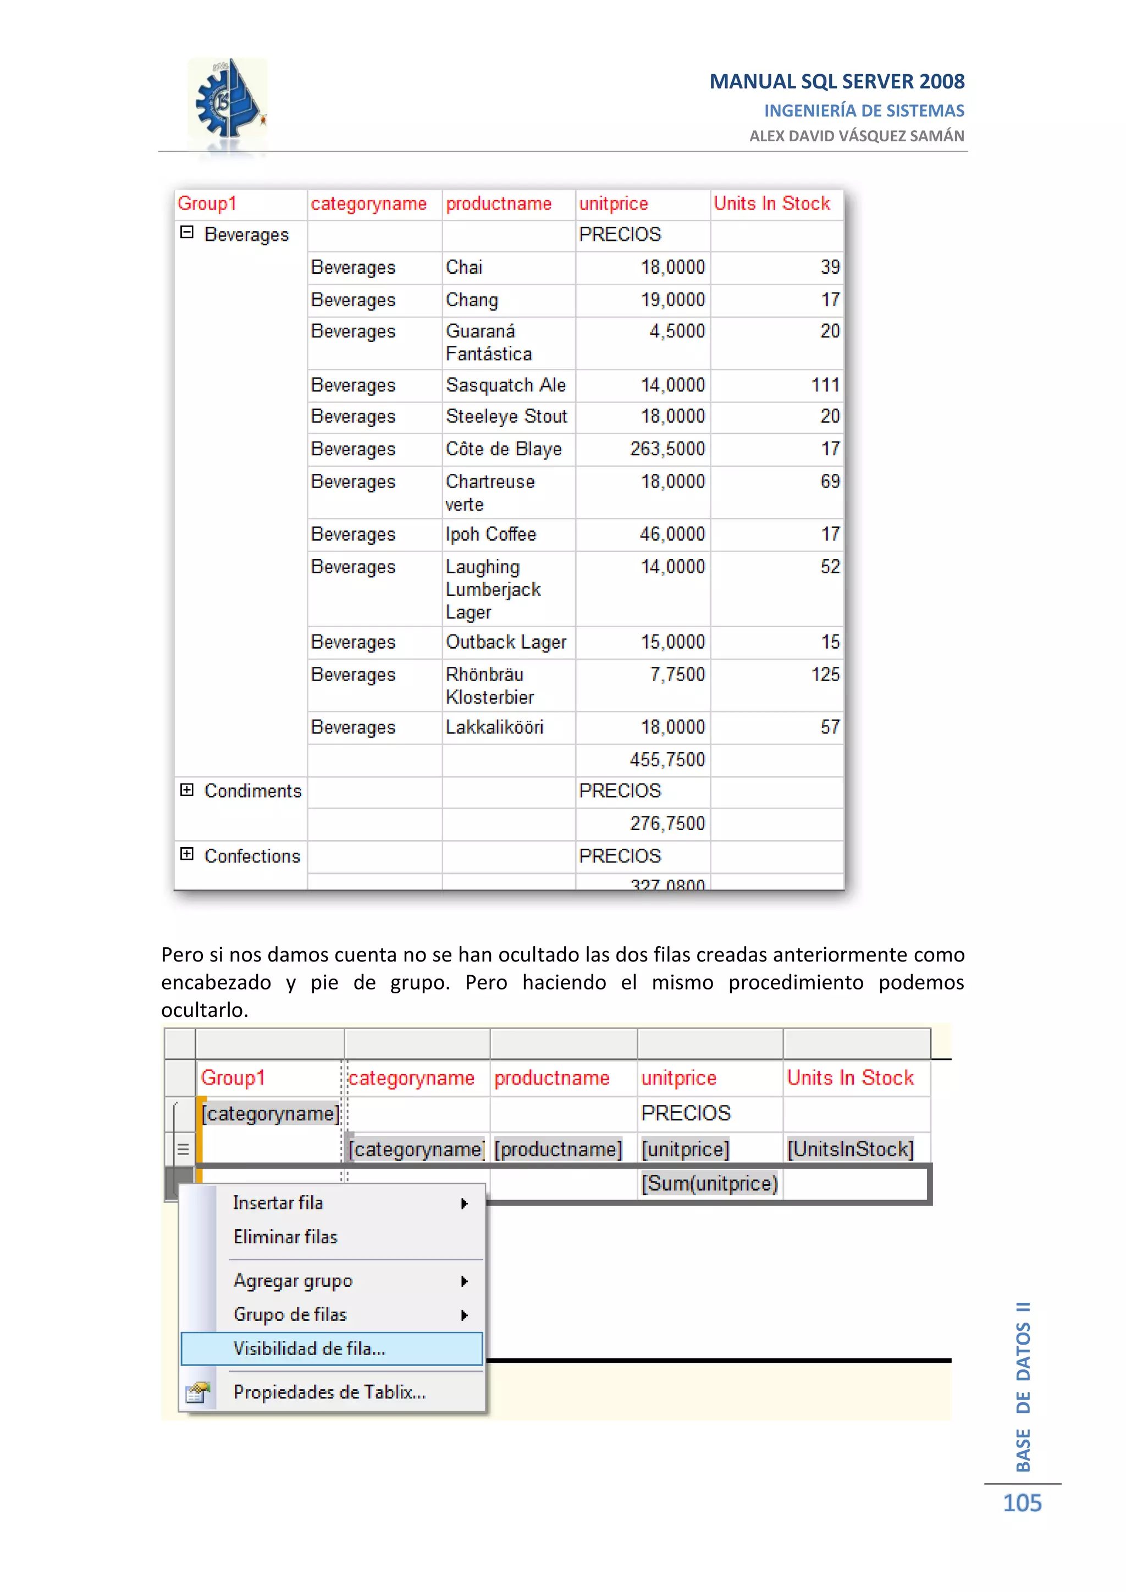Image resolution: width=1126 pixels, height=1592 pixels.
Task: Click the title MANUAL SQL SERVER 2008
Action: pyautogui.click(x=836, y=82)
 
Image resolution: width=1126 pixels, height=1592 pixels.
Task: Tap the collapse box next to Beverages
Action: pyautogui.click(x=186, y=233)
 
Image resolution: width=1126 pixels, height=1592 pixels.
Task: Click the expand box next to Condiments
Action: pyautogui.click(x=186, y=790)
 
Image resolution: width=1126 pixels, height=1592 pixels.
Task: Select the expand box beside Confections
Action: pyautogui.click(x=186, y=854)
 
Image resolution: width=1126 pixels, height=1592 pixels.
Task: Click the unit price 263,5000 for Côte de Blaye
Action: pyautogui.click(x=667, y=449)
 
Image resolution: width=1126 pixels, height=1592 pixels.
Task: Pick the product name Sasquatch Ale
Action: pyautogui.click(x=505, y=385)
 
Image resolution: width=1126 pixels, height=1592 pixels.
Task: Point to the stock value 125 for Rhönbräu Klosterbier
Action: pyautogui.click(x=825, y=674)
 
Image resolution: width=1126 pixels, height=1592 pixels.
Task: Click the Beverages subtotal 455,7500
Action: pyautogui.click(x=667, y=759)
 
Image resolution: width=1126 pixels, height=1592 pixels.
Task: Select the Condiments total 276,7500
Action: pyautogui.click(x=667, y=823)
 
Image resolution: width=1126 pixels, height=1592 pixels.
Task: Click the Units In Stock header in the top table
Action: pyautogui.click(x=772, y=203)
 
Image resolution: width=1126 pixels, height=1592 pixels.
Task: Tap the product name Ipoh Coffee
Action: pyautogui.click(x=491, y=534)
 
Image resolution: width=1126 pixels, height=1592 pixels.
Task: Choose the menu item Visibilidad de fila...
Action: pyautogui.click(x=309, y=1348)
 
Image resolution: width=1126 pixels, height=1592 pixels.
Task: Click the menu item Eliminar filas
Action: pyautogui.click(x=285, y=1237)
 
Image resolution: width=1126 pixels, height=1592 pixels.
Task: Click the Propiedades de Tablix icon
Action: pyautogui.click(x=197, y=1392)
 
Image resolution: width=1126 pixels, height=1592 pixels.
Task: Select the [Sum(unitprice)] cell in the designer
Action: pyautogui.click(x=709, y=1183)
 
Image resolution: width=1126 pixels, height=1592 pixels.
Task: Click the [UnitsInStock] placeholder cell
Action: pyautogui.click(x=850, y=1149)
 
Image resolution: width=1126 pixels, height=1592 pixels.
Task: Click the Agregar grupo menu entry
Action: pyautogui.click(x=292, y=1281)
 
